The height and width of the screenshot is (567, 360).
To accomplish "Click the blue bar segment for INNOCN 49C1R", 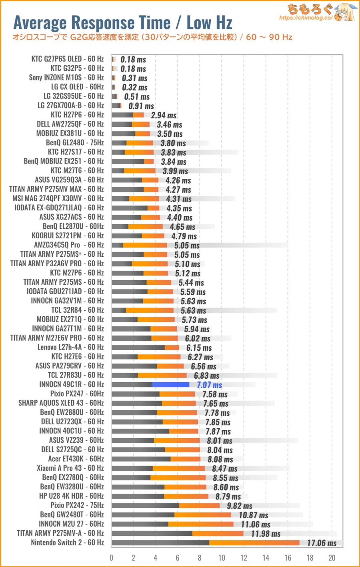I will pyautogui.click(x=170, y=385).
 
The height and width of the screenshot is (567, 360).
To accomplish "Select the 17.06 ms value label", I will pyautogui.click(x=322, y=543).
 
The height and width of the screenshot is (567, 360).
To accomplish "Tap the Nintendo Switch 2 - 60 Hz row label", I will pyautogui.click(x=67, y=543).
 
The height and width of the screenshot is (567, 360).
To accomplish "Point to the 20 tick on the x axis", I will pyautogui.click(x=332, y=558).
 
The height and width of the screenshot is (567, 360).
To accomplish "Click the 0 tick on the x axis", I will pyautogui.click(x=112, y=558).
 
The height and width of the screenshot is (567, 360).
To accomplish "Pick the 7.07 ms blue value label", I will pyautogui.click(x=209, y=385).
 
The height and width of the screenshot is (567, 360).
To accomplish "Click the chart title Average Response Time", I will pyautogui.click(x=122, y=23).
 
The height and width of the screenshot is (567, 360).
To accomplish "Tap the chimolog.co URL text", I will pyautogui.click(x=305, y=18).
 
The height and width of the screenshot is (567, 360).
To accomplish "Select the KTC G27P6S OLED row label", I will pyautogui.click(x=67, y=59).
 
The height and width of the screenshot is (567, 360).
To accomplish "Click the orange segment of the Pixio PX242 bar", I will pyautogui.click(x=199, y=505).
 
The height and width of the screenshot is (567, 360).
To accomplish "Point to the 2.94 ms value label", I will pyautogui.click(x=164, y=116).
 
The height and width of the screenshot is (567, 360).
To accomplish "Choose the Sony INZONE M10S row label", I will pyautogui.click(x=66, y=78).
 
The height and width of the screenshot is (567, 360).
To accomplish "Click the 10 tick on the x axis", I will pyautogui.click(x=222, y=558).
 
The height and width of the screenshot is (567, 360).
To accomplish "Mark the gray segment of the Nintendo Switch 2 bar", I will pyautogui.click(x=160, y=543).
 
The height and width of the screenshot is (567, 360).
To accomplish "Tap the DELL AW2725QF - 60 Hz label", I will pyautogui.click(x=70, y=124).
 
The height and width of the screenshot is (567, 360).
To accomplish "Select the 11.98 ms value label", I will pyautogui.click(x=266, y=534).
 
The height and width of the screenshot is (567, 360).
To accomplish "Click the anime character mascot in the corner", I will pyautogui.click(x=345, y=12).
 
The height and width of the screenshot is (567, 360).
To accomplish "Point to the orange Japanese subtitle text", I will pyautogui.click(x=152, y=37).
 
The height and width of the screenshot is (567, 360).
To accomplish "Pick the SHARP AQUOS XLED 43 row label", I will pyautogui.click(x=61, y=403).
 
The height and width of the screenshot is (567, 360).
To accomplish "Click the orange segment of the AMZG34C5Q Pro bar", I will pyautogui.click(x=145, y=245).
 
